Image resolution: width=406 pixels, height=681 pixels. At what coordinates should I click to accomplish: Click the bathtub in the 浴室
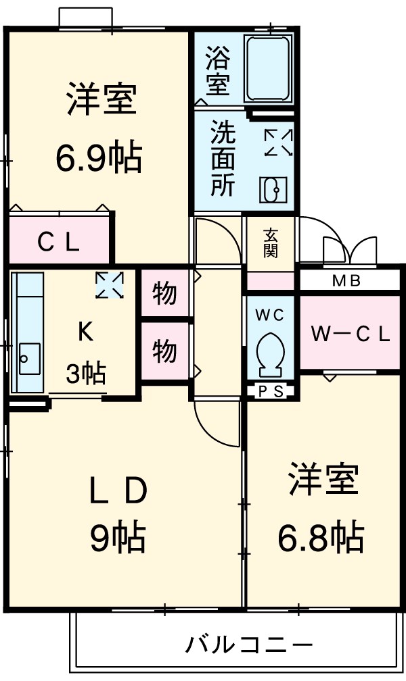(x=268, y=69)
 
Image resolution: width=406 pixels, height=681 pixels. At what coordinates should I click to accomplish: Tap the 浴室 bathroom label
(x=218, y=70)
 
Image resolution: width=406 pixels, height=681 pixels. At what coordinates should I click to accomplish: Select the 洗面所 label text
(x=223, y=158)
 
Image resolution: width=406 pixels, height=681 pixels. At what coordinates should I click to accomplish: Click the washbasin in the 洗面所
(x=273, y=190)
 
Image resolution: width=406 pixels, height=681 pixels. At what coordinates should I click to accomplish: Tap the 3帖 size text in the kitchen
(x=85, y=372)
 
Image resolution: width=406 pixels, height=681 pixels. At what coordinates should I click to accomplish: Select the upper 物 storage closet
(x=164, y=293)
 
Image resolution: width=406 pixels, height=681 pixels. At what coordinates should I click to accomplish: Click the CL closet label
(x=59, y=241)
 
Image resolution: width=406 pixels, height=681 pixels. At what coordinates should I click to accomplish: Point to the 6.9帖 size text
(x=99, y=159)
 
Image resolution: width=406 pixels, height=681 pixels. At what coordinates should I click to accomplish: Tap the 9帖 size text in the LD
(x=118, y=537)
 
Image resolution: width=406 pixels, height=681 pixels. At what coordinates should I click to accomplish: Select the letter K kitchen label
(x=86, y=331)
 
